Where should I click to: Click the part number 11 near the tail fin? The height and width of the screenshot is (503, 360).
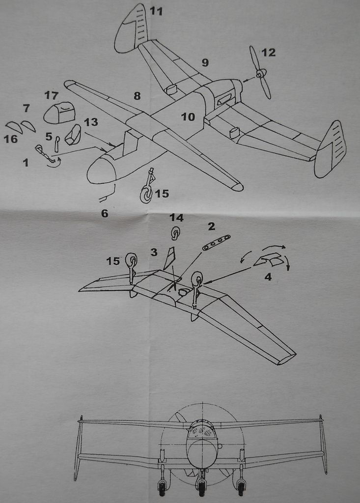[156, 11]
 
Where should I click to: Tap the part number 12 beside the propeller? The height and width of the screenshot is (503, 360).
[269, 52]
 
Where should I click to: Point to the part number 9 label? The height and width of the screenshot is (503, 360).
[205, 62]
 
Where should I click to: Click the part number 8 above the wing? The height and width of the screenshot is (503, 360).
[137, 96]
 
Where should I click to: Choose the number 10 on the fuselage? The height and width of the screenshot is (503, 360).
[188, 117]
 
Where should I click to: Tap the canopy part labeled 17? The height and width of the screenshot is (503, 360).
[59, 113]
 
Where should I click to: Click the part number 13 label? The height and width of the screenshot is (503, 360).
[91, 122]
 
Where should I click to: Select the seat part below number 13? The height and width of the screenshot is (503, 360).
[74, 135]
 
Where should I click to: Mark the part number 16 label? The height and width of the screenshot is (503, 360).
[10, 139]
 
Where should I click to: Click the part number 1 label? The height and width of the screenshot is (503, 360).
[26, 162]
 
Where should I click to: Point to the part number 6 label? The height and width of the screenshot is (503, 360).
[104, 213]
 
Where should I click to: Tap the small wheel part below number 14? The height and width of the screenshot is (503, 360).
[175, 232]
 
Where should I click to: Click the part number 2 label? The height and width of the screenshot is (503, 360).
[211, 226]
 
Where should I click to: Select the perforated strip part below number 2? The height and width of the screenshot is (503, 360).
[216, 243]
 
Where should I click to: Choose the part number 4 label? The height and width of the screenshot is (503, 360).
[268, 277]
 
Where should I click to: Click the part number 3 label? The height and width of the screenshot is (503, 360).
[154, 252]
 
